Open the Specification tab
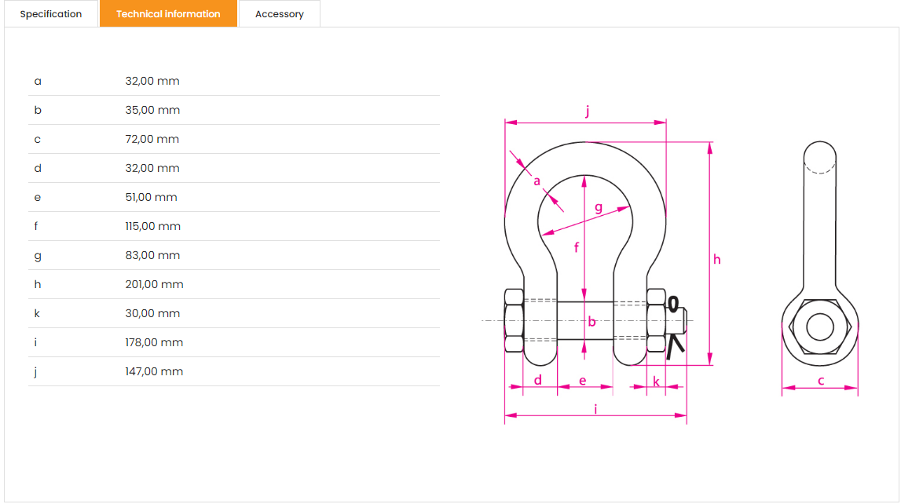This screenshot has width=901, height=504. pos(50,14)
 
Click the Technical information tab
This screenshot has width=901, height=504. pos(168,14)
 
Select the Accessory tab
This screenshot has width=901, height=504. pos(280,14)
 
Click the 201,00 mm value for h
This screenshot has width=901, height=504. pos(154,284)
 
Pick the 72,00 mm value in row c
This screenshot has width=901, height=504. pos(152,139)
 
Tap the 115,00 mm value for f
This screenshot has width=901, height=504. pos(153,226)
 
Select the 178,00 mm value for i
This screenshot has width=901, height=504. pos(154,342)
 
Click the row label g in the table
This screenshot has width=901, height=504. pos(38,256)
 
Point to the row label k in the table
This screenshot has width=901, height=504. pos(37,313)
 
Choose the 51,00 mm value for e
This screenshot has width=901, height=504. pos(151,197)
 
